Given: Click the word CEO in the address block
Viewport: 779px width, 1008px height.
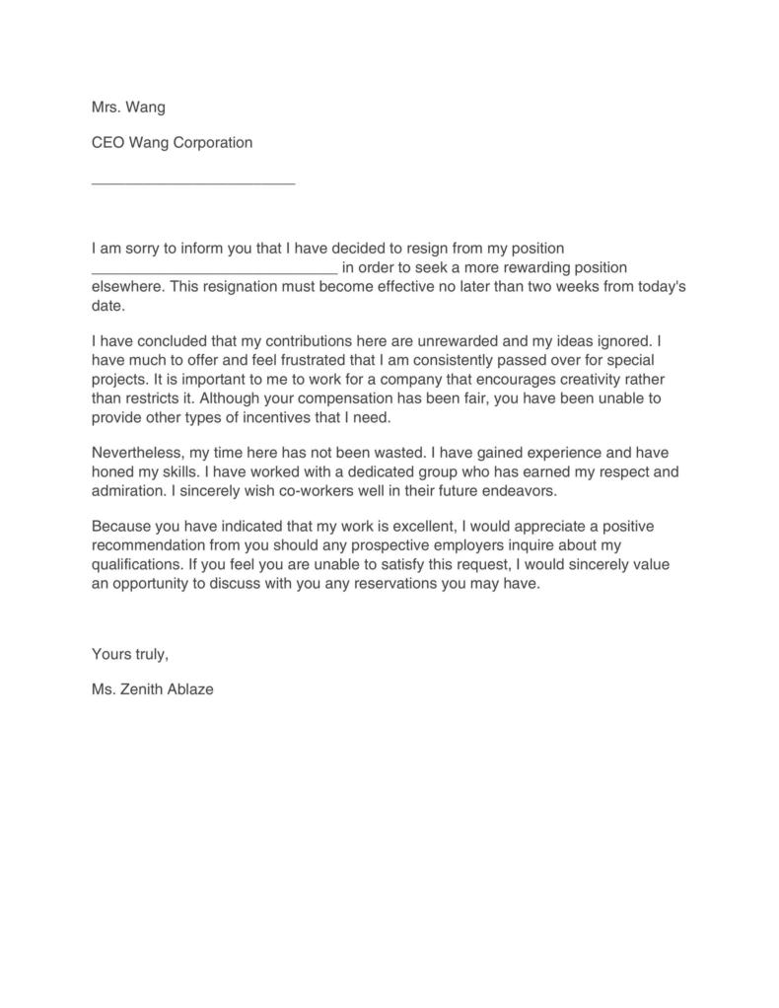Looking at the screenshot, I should pyautogui.click(x=107, y=142).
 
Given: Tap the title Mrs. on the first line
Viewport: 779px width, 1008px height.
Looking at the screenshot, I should pyautogui.click(x=106, y=107).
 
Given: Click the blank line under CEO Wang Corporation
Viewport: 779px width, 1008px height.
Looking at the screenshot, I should pyautogui.click(x=193, y=181).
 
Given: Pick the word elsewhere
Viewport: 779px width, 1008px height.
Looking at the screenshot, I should pyautogui.click(x=125, y=287).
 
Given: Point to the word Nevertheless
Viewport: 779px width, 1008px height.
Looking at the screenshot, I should pyautogui.click(x=136, y=453).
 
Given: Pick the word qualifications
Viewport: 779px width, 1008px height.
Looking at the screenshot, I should pyautogui.click(x=133, y=564).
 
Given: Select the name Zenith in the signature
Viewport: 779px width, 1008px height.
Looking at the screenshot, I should pyautogui.click(x=146, y=689).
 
